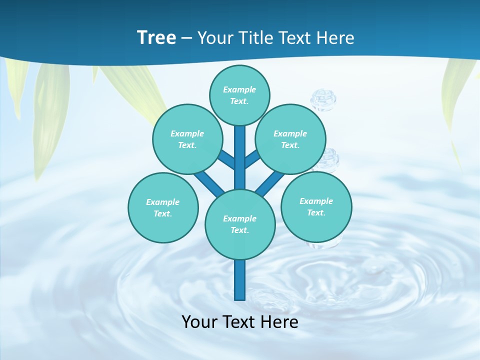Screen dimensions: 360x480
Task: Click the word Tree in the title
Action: point(156,37)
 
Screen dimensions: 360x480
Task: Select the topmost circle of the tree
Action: point(239,95)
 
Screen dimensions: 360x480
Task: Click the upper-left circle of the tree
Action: point(187,139)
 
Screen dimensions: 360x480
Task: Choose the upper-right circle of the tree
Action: point(290,139)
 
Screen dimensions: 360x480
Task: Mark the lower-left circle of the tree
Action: point(163,207)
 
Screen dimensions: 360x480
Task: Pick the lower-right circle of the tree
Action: point(316,206)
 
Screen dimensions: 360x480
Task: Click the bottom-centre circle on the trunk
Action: point(240,224)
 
